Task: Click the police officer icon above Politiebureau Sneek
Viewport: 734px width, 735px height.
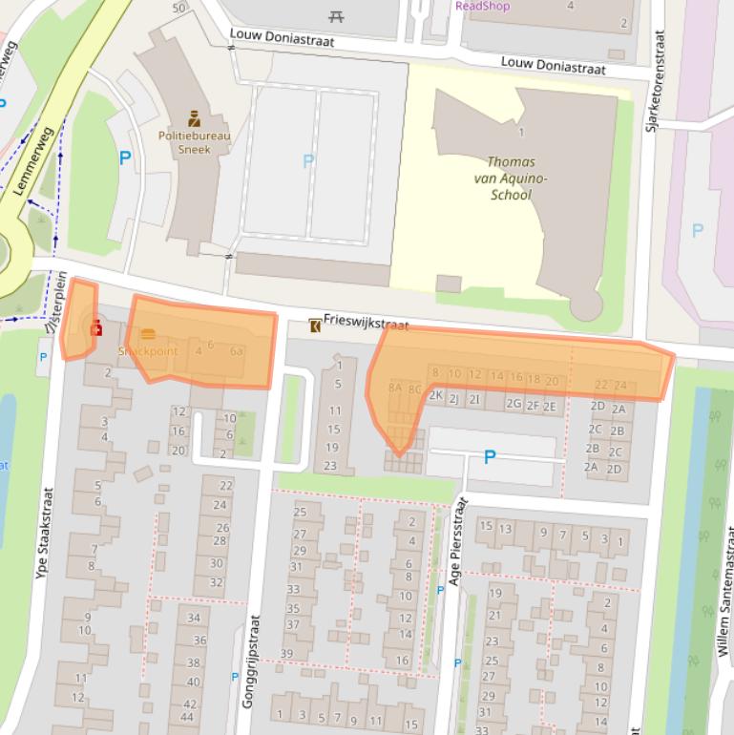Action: click(194, 119)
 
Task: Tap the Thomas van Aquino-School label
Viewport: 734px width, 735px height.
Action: click(511, 178)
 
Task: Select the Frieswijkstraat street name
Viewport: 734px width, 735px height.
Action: click(366, 324)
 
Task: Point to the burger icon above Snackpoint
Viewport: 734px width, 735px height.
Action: click(148, 335)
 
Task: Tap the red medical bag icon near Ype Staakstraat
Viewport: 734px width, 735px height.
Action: click(95, 329)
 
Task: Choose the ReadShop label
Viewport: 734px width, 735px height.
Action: click(482, 6)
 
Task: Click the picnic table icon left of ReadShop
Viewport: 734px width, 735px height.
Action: click(336, 16)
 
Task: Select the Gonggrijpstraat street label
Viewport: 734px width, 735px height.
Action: click(249, 673)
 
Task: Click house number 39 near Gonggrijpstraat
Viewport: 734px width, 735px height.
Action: click(285, 654)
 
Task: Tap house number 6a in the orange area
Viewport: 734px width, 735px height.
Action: click(237, 351)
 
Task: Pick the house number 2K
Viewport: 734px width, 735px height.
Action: click(435, 395)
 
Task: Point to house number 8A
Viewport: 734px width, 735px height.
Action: click(394, 388)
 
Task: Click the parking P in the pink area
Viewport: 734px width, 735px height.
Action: click(697, 230)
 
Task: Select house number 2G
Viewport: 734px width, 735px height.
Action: click(514, 405)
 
